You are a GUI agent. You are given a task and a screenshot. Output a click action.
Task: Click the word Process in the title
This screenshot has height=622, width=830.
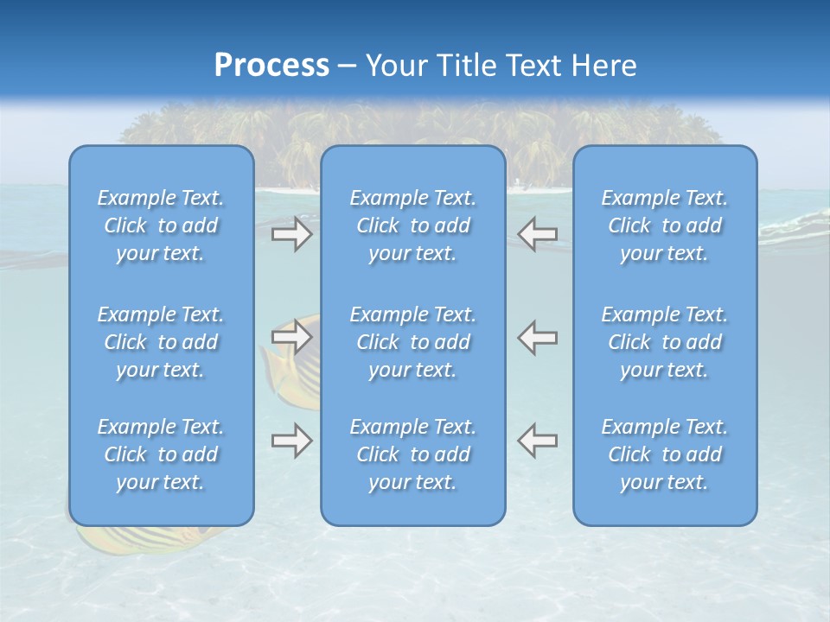click(271, 66)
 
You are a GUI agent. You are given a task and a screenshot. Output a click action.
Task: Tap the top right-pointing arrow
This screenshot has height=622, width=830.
click(291, 234)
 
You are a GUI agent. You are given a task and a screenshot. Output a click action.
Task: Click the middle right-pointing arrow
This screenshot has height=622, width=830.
click(291, 336)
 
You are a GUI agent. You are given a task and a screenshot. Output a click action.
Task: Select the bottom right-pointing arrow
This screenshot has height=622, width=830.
click(291, 441)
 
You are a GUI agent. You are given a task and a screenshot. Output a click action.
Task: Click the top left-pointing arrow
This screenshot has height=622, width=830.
click(538, 234)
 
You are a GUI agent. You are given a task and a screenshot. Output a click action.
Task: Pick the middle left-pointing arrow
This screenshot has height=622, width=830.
click(538, 337)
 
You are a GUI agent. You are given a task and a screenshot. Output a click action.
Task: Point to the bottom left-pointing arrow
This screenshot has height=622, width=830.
click(538, 441)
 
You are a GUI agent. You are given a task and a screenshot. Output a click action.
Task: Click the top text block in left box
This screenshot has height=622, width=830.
click(161, 225)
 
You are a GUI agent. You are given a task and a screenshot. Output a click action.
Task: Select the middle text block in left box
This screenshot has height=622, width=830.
click(161, 342)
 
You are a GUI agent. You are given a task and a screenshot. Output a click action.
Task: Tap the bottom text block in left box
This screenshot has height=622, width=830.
click(161, 454)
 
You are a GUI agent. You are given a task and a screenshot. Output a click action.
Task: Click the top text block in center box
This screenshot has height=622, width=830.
click(412, 225)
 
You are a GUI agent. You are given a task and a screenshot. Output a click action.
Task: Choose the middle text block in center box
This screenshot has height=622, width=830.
click(412, 342)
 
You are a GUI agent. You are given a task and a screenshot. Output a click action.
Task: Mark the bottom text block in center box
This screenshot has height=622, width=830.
click(412, 454)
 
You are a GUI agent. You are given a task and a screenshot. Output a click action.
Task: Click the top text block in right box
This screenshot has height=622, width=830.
click(664, 225)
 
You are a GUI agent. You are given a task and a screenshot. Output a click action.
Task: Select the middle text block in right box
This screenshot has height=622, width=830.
click(664, 342)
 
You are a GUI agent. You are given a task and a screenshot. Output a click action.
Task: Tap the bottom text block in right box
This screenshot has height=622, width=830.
click(664, 454)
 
